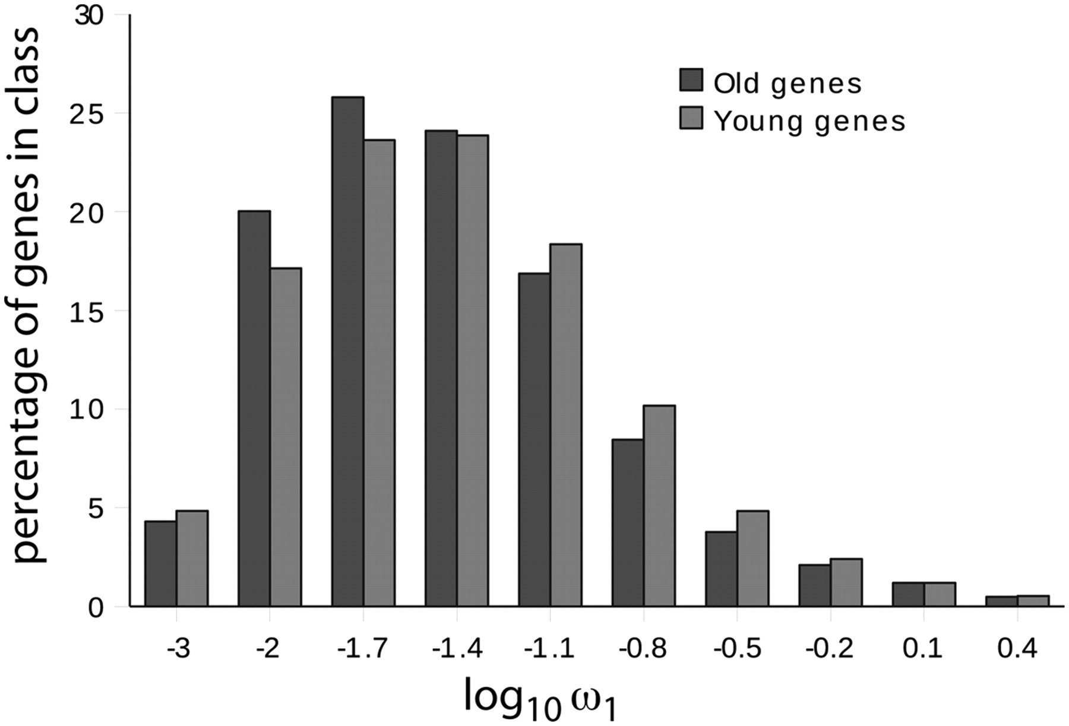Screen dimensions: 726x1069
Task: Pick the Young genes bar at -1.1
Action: (x=566, y=425)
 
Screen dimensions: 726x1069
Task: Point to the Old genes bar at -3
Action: (x=160, y=563)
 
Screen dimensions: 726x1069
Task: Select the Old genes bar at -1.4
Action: (x=441, y=368)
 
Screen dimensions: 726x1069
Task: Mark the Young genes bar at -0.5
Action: (x=752, y=558)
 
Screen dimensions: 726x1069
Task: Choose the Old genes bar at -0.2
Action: (x=814, y=585)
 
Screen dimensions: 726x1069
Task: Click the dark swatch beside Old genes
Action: (x=691, y=80)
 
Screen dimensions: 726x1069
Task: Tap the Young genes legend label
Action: (x=809, y=121)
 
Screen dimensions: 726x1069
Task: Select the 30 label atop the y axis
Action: (x=89, y=16)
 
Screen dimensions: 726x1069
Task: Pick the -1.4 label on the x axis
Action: (x=457, y=648)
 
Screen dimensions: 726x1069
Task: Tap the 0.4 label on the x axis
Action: (x=1017, y=648)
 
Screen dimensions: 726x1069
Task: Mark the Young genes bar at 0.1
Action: (x=940, y=594)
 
